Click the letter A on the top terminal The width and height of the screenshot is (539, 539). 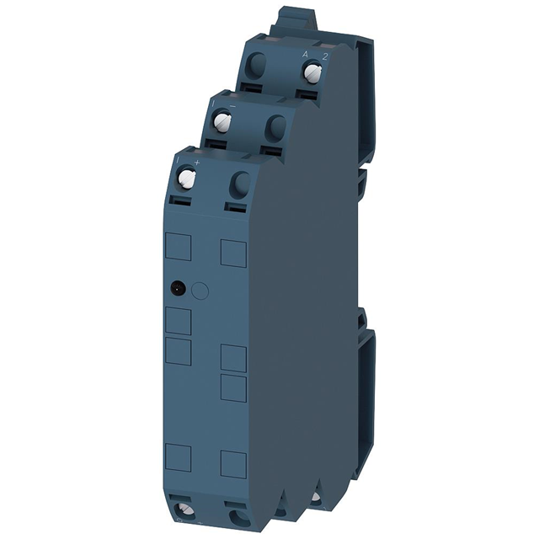point(305,54)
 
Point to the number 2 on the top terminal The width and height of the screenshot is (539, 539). point(325,54)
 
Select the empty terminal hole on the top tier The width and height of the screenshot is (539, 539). point(259,65)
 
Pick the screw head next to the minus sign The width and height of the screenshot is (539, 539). point(223,123)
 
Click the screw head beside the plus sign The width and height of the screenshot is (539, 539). point(187,177)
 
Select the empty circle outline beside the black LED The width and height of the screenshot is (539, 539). point(200,291)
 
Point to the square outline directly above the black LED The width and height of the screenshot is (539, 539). point(179,247)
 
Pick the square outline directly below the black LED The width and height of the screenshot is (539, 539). point(179,322)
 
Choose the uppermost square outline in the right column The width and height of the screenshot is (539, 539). point(232,252)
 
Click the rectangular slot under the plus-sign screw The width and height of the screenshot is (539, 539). point(181,200)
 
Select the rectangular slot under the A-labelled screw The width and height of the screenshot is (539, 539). point(308,90)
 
